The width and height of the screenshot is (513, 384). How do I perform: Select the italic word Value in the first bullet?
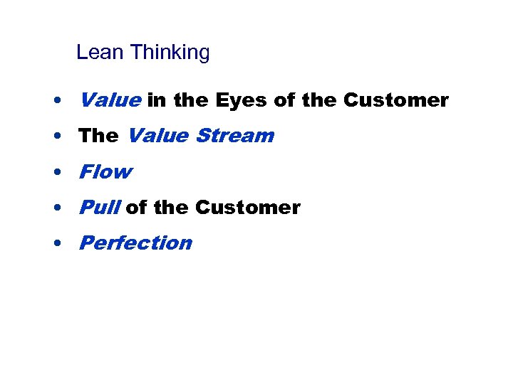coord(110,100)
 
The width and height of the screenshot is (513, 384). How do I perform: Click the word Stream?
coord(234,136)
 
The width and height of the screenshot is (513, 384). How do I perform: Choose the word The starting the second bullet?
coord(98,136)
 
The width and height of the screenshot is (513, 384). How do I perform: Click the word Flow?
coord(105,171)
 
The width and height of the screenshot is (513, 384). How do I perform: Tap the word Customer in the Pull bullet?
coord(248,208)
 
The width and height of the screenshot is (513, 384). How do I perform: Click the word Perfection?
coord(135,243)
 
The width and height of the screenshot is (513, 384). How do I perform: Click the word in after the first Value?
coord(157,100)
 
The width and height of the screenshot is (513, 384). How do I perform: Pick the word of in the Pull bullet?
coord(136,208)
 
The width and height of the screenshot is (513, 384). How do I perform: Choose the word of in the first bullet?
coord(284,100)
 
